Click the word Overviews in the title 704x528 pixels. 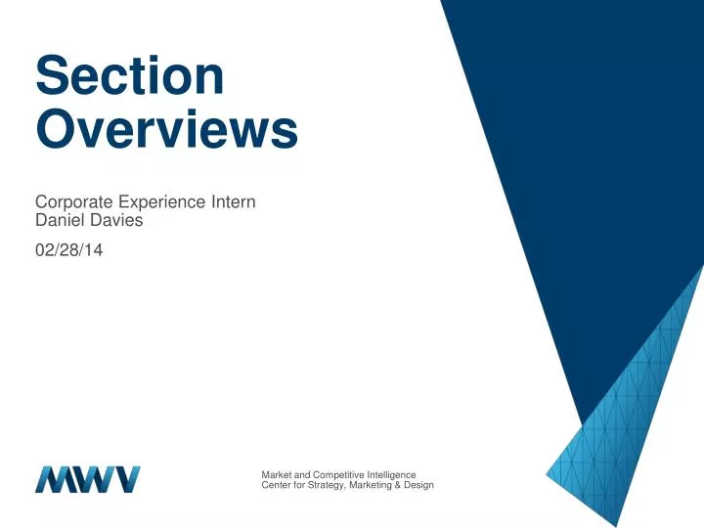tap(166, 130)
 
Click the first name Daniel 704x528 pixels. tap(59, 221)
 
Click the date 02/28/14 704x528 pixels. tap(69, 250)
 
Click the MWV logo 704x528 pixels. tap(88, 479)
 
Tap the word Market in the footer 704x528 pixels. tap(277, 475)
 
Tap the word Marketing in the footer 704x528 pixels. tap(374, 486)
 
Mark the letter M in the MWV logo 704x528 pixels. tap(53, 479)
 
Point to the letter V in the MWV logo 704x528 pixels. tap(125, 479)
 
